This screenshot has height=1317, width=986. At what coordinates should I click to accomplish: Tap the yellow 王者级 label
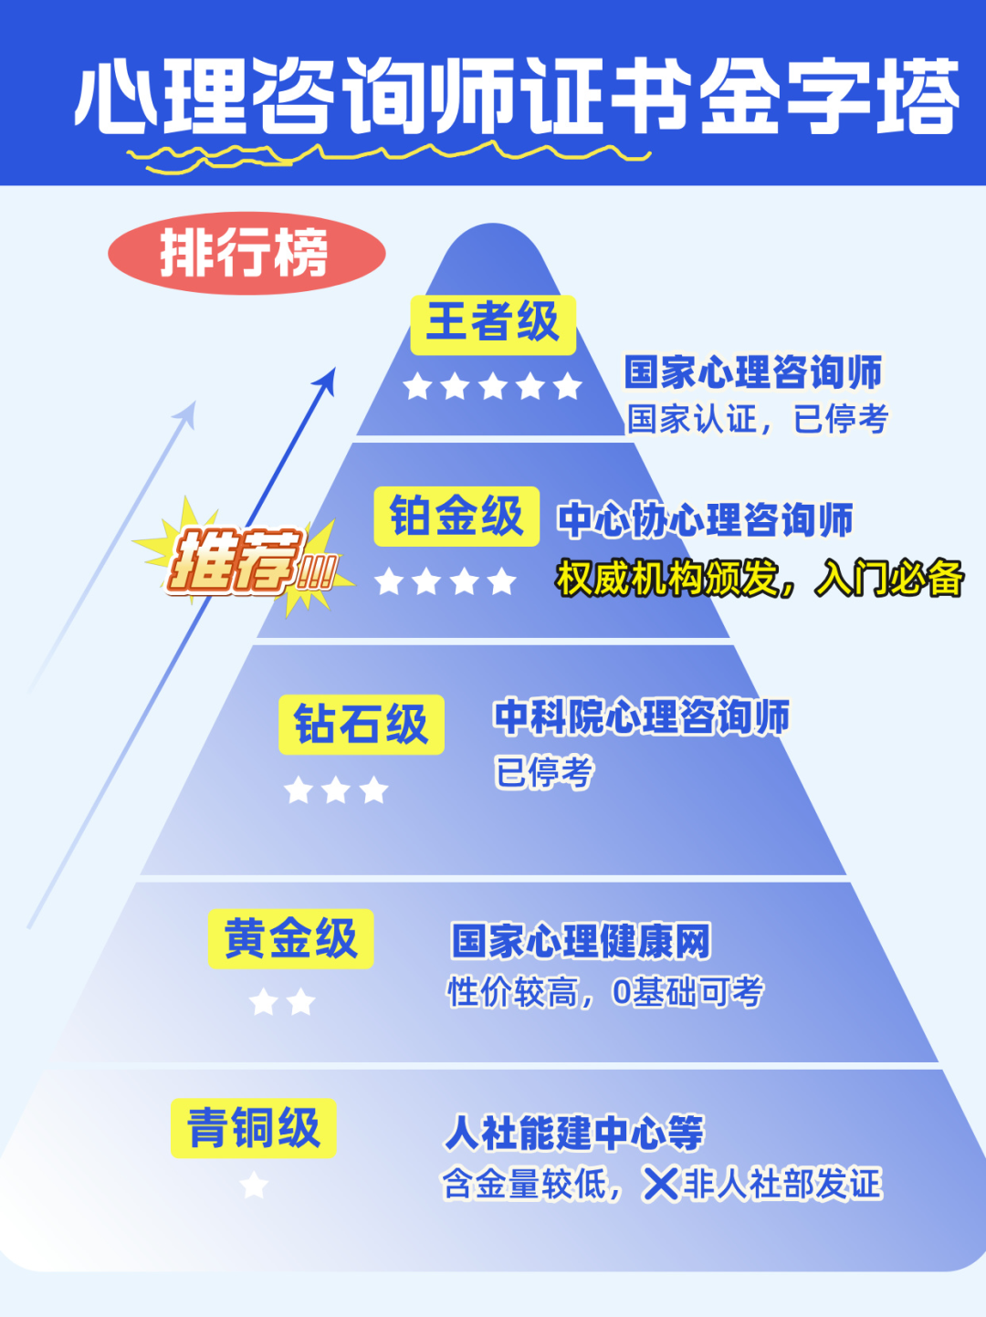pos(493,324)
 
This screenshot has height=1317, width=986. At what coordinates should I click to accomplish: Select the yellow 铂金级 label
pos(456,517)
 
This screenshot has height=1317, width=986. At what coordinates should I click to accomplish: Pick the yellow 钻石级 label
pos(362,725)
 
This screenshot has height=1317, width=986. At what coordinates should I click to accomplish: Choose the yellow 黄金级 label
pos(290,938)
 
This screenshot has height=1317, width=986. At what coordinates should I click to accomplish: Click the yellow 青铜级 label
pos(254,1128)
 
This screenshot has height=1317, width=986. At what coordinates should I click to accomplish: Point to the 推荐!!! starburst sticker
pos(245,559)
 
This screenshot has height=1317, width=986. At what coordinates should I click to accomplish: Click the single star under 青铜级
pos(254,1186)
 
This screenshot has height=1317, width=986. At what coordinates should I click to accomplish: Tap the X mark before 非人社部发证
pos(660,1185)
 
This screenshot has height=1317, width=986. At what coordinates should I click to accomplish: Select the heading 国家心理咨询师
pos(753,372)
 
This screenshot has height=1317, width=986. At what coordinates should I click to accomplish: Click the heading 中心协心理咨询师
pos(705,520)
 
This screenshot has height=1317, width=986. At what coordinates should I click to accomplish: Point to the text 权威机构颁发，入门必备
pos(760,578)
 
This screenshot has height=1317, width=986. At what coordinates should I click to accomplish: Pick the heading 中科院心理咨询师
pos(641,717)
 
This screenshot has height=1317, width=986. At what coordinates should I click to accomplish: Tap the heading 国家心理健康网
pos(581,941)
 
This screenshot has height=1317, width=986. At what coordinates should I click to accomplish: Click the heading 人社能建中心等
pos(574,1133)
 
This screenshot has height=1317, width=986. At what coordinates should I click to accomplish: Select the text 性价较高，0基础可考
pos(605,992)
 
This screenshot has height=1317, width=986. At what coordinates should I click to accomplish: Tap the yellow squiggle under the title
pos(388,157)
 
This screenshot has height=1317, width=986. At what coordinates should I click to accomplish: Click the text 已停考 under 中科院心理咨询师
pos(544,772)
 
